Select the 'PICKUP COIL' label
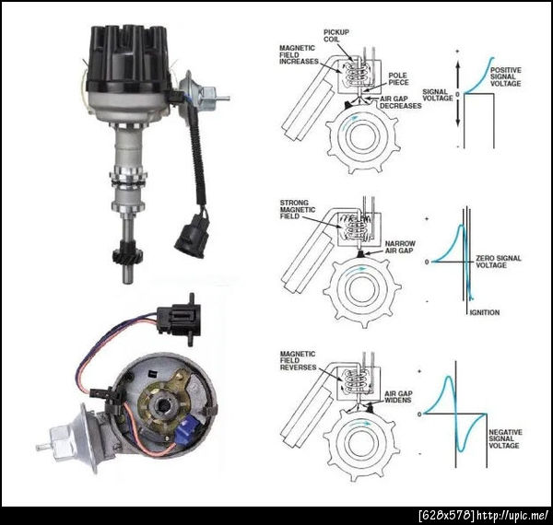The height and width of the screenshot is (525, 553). [336, 35]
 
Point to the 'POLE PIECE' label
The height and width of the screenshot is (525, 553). [398, 79]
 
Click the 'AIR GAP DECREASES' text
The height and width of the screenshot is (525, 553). [401, 102]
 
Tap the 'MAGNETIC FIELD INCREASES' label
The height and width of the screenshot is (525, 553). [299, 54]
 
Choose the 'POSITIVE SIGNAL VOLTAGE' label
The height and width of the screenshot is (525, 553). [506, 76]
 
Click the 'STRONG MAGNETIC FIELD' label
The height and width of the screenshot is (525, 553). [298, 210]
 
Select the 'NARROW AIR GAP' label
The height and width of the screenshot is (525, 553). [400, 247]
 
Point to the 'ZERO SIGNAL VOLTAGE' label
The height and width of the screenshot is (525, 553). [499, 262]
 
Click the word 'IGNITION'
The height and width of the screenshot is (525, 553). [485, 312]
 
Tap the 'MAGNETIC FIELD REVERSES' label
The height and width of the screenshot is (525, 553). [299, 360]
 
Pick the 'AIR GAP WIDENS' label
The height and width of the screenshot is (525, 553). [398, 397]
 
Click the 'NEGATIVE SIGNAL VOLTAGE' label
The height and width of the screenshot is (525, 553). [505, 438]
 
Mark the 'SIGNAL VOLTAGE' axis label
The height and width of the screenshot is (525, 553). [438, 95]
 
